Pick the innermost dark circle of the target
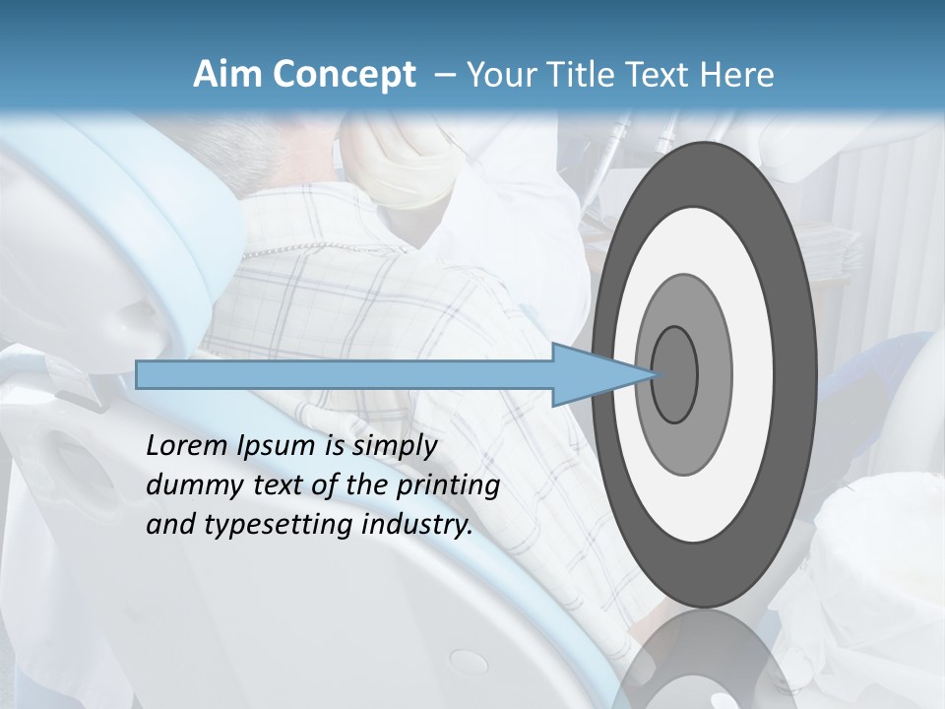(674, 374)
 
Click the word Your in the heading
(498, 75)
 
